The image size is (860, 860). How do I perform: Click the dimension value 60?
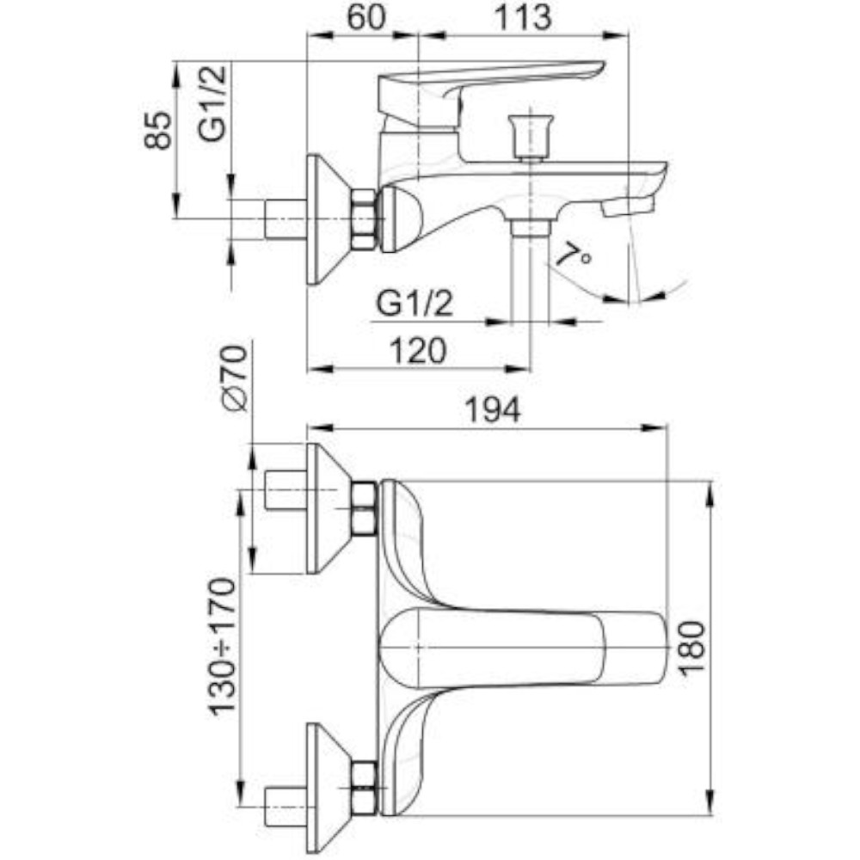coord(362,17)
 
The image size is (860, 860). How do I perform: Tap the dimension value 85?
coord(158,132)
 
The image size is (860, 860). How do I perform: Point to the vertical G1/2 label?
coord(212,103)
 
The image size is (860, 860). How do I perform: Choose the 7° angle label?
coord(573,255)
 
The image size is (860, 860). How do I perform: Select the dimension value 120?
coord(418,350)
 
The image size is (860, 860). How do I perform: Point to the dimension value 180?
coord(693,646)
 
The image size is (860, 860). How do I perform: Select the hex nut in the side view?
coord(364,219)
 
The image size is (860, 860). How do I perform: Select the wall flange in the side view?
coord(327,219)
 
